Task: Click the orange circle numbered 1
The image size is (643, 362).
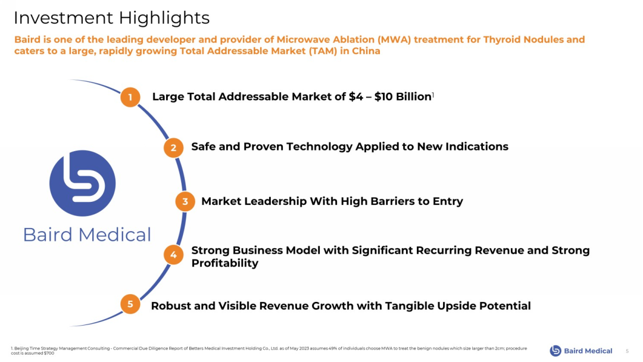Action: tap(130, 97)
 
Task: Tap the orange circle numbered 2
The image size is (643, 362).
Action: tap(173, 148)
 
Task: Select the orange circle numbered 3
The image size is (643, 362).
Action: tap(185, 201)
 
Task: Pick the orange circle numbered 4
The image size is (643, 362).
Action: tap(173, 255)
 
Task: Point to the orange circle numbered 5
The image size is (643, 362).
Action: tap(130, 304)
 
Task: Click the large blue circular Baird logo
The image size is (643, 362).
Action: tap(82, 183)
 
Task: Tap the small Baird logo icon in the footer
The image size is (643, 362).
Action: tap(555, 351)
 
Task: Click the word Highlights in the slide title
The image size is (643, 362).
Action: tap(164, 18)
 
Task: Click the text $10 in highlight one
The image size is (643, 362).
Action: tap(383, 97)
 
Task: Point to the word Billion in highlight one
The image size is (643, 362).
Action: tap(413, 97)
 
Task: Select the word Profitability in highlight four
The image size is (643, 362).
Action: tap(224, 263)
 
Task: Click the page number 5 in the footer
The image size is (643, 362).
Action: tap(627, 351)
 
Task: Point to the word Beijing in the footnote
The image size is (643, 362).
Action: tap(21, 348)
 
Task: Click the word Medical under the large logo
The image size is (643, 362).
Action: tap(114, 235)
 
